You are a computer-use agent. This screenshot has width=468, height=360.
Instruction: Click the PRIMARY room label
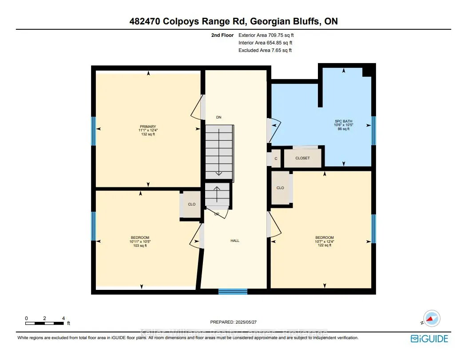pyautogui.click(x=148, y=127)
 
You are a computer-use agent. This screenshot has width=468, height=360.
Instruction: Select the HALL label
pyautogui.click(x=235, y=241)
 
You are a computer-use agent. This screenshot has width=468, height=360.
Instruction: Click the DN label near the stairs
pyautogui.click(x=218, y=117)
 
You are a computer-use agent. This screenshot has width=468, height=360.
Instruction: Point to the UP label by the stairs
pyautogui.click(x=217, y=214)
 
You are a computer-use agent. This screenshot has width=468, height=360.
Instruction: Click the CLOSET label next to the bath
pyautogui.click(x=302, y=158)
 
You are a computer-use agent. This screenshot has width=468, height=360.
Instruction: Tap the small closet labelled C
pyautogui.click(x=276, y=158)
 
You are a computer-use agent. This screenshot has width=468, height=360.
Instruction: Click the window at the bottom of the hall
pyautogui.click(x=233, y=292)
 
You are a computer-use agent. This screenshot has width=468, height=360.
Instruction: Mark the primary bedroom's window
pyautogui.click(x=94, y=131)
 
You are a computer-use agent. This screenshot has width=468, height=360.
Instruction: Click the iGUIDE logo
pyautogui.click(x=429, y=338)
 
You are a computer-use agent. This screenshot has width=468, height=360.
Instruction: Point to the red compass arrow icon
pyautogui.click(x=430, y=318)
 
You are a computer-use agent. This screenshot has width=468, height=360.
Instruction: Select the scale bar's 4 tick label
pyautogui.click(x=64, y=318)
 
